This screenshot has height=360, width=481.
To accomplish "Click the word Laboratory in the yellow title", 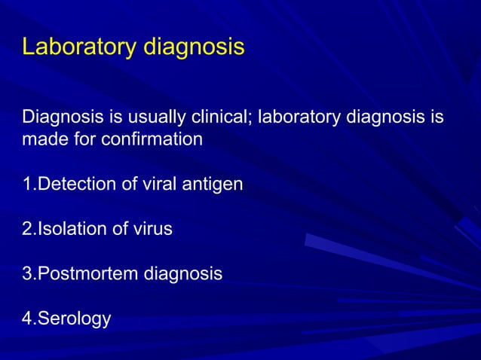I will (x=78, y=47).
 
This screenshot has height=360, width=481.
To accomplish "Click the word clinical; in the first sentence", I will (x=219, y=118).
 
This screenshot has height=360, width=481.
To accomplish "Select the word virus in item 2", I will (x=152, y=229).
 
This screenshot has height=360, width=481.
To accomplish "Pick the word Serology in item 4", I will (x=74, y=319).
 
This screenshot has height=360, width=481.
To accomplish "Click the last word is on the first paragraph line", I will (x=437, y=118).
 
